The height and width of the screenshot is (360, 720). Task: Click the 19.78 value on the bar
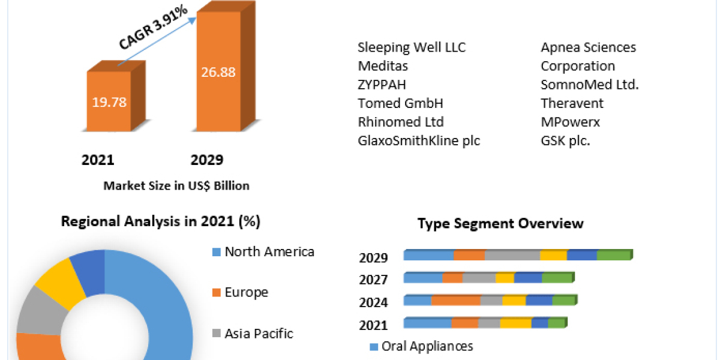tap(109, 102)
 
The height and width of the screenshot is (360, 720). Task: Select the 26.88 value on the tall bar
tap(218, 72)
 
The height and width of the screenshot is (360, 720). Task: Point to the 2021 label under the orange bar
tap(98, 160)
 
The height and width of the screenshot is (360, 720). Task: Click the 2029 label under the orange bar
tap(207, 160)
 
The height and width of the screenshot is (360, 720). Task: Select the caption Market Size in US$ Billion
tap(176, 186)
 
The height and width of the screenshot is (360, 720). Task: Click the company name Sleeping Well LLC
tap(412, 47)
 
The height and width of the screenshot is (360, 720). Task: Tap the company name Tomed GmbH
tap(400, 103)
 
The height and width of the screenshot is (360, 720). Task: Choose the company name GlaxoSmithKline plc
tap(419, 141)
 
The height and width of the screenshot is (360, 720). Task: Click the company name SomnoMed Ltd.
tap(590, 85)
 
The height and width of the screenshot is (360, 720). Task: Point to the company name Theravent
tap(572, 103)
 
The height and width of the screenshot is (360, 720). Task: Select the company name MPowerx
tap(570, 122)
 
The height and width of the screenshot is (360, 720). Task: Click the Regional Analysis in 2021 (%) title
tap(160, 221)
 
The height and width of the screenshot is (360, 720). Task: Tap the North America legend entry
tap(269, 252)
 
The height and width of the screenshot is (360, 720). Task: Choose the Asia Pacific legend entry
tap(258, 334)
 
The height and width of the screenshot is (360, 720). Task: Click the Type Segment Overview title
tap(500, 224)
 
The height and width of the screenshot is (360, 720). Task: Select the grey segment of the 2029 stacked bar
tap(512, 255)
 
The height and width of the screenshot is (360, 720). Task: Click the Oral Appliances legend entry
tap(427, 346)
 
